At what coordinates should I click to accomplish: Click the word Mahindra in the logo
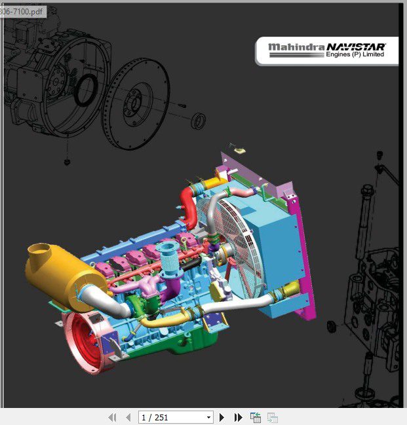pos(296,47)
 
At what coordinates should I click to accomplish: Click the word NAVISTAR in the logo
pos(356,47)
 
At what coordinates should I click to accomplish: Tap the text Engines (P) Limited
pos(355,54)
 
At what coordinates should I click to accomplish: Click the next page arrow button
pos(222,417)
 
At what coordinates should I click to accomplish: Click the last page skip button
pos(238,417)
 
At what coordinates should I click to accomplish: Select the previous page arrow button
pos(128,417)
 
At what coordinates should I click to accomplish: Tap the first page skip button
pos(112,417)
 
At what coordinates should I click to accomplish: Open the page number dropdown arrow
pos(208,417)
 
